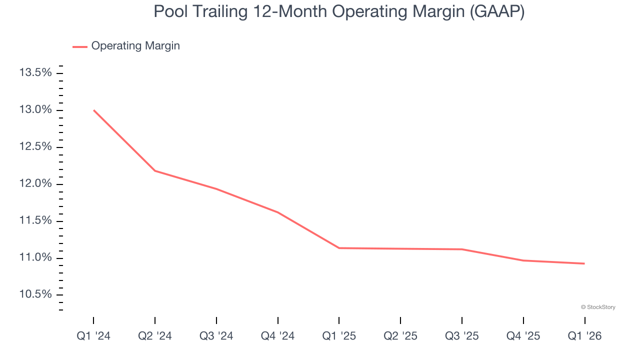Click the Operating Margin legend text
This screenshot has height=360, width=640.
point(135,46)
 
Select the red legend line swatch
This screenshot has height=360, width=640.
point(80,46)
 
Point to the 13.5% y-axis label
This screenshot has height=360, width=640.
point(35,73)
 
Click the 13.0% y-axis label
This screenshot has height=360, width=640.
point(35,110)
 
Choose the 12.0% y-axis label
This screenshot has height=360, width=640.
point(35,184)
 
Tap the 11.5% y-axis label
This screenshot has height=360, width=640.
point(35,221)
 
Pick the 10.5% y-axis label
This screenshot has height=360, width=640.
point(35,294)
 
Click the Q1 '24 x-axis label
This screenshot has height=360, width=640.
point(93,336)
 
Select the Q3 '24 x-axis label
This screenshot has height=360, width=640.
point(216,336)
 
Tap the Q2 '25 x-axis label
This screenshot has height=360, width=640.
point(400,336)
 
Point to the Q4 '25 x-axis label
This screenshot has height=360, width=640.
point(523,336)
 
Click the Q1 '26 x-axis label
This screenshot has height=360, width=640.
point(584,336)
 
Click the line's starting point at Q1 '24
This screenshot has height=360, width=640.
point(94,110)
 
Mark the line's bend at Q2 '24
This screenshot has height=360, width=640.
point(155,170)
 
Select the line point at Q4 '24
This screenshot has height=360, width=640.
point(278,212)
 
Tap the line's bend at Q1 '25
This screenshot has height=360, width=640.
point(339,248)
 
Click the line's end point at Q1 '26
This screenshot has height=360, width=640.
point(584,263)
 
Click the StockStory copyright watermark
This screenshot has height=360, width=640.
point(598,307)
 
